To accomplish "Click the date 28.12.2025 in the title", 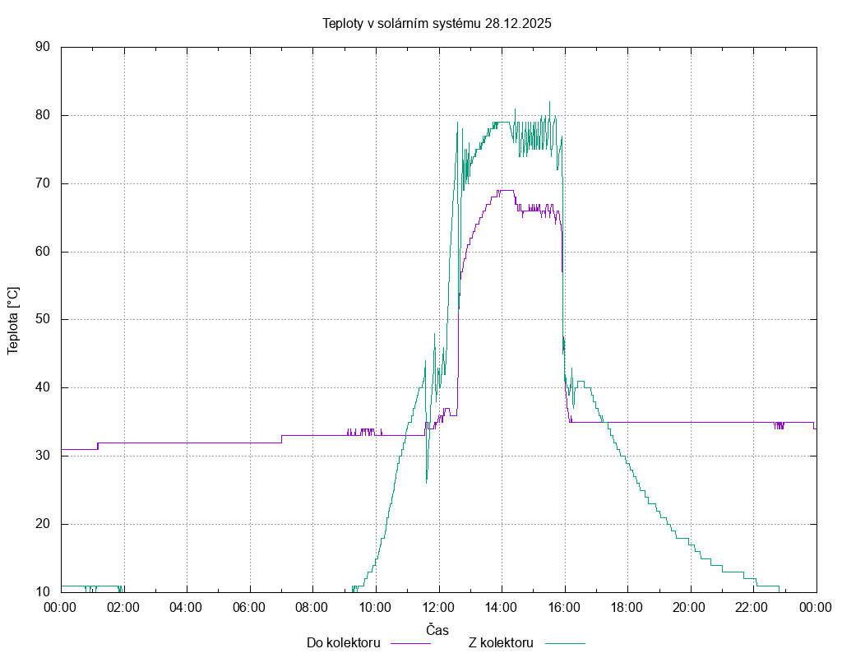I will tap(517, 23).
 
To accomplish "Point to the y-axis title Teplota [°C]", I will tap(13, 321).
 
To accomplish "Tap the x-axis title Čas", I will tap(437, 630).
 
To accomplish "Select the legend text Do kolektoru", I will tap(343, 642).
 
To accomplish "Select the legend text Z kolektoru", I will tap(501, 642).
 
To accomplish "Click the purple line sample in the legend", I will tap(409, 643).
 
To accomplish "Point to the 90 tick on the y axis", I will tap(43, 48).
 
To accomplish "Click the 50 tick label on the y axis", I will tap(43, 319).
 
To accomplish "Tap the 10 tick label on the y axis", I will tap(43, 591).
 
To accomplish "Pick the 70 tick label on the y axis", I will tap(43, 183).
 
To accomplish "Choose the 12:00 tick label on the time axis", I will tap(438, 607).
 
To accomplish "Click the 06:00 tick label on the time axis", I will tap(249, 607).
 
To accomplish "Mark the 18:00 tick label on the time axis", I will tap(627, 607).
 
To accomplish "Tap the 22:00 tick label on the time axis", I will tap(753, 607).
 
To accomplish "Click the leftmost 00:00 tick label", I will tap(61, 607).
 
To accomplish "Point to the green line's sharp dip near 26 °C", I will tap(427, 482).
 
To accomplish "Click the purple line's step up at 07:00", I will tap(281, 438).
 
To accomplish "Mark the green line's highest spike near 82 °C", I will tap(550, 102).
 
